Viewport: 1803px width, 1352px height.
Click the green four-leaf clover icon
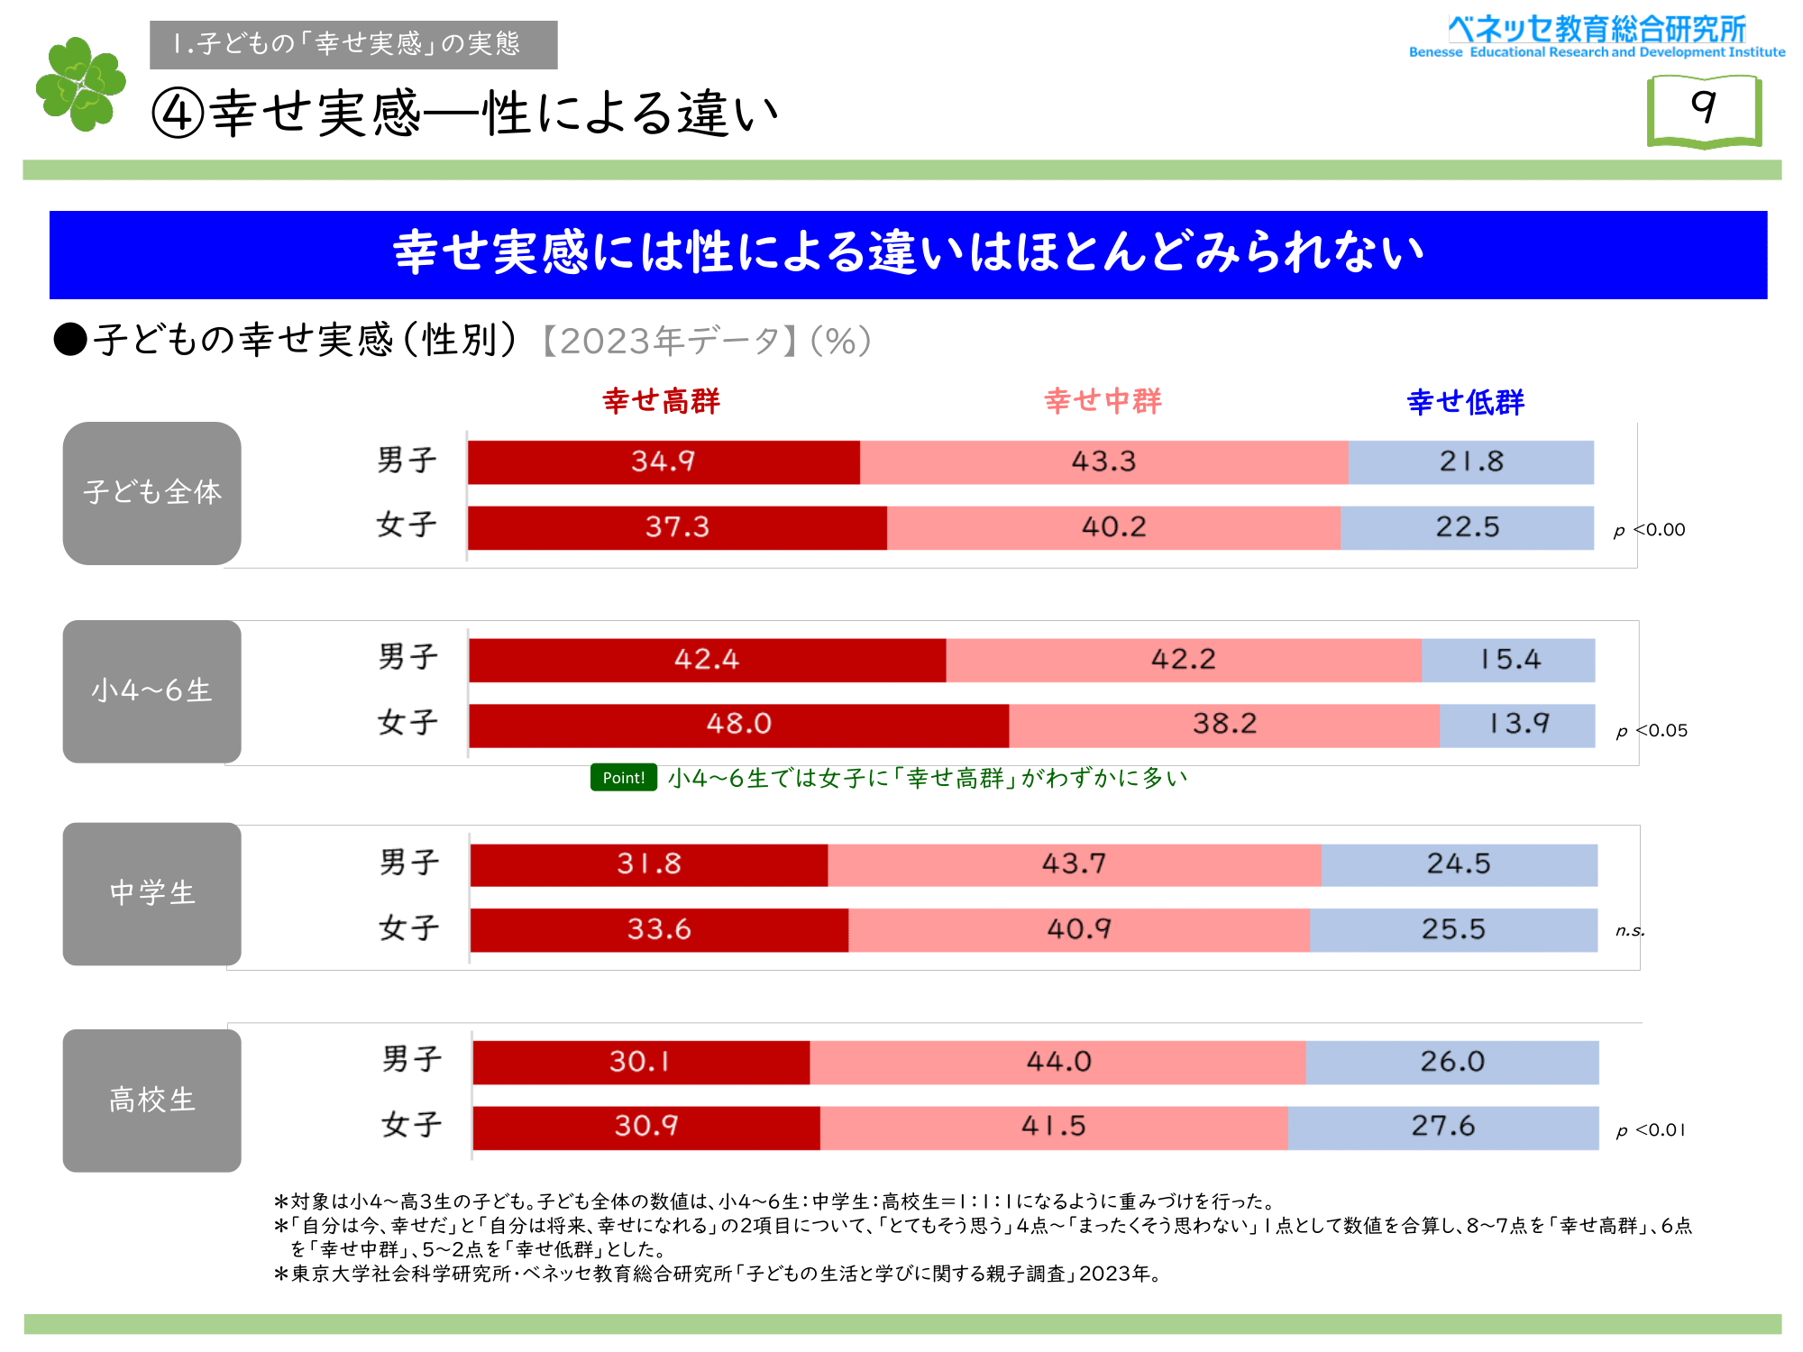point(81,84)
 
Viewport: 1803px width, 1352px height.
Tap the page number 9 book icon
point(1704,111)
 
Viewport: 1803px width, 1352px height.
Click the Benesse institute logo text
point(1597,37)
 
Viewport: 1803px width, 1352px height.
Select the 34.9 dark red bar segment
point(664,462)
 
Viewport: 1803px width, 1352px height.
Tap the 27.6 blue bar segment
point(1443,1128)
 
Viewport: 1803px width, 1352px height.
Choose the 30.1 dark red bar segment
point(641,1063)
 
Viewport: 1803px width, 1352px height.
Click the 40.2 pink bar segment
point(1113,527)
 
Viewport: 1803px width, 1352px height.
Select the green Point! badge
point(624,777)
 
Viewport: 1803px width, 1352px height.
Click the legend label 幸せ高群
point(662,401)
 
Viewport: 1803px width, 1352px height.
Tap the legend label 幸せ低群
point(1466,402)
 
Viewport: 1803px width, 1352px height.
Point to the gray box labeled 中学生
point(152,894)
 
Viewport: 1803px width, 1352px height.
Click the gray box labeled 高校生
point(152,1101)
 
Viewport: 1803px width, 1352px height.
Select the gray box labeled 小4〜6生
point(152,691)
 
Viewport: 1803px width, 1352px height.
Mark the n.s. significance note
point(1630,931)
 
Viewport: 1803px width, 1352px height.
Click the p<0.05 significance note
point(1652,731)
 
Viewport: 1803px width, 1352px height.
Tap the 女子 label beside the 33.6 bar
point(409,928)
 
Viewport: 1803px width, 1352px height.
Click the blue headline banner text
point(909,253)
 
